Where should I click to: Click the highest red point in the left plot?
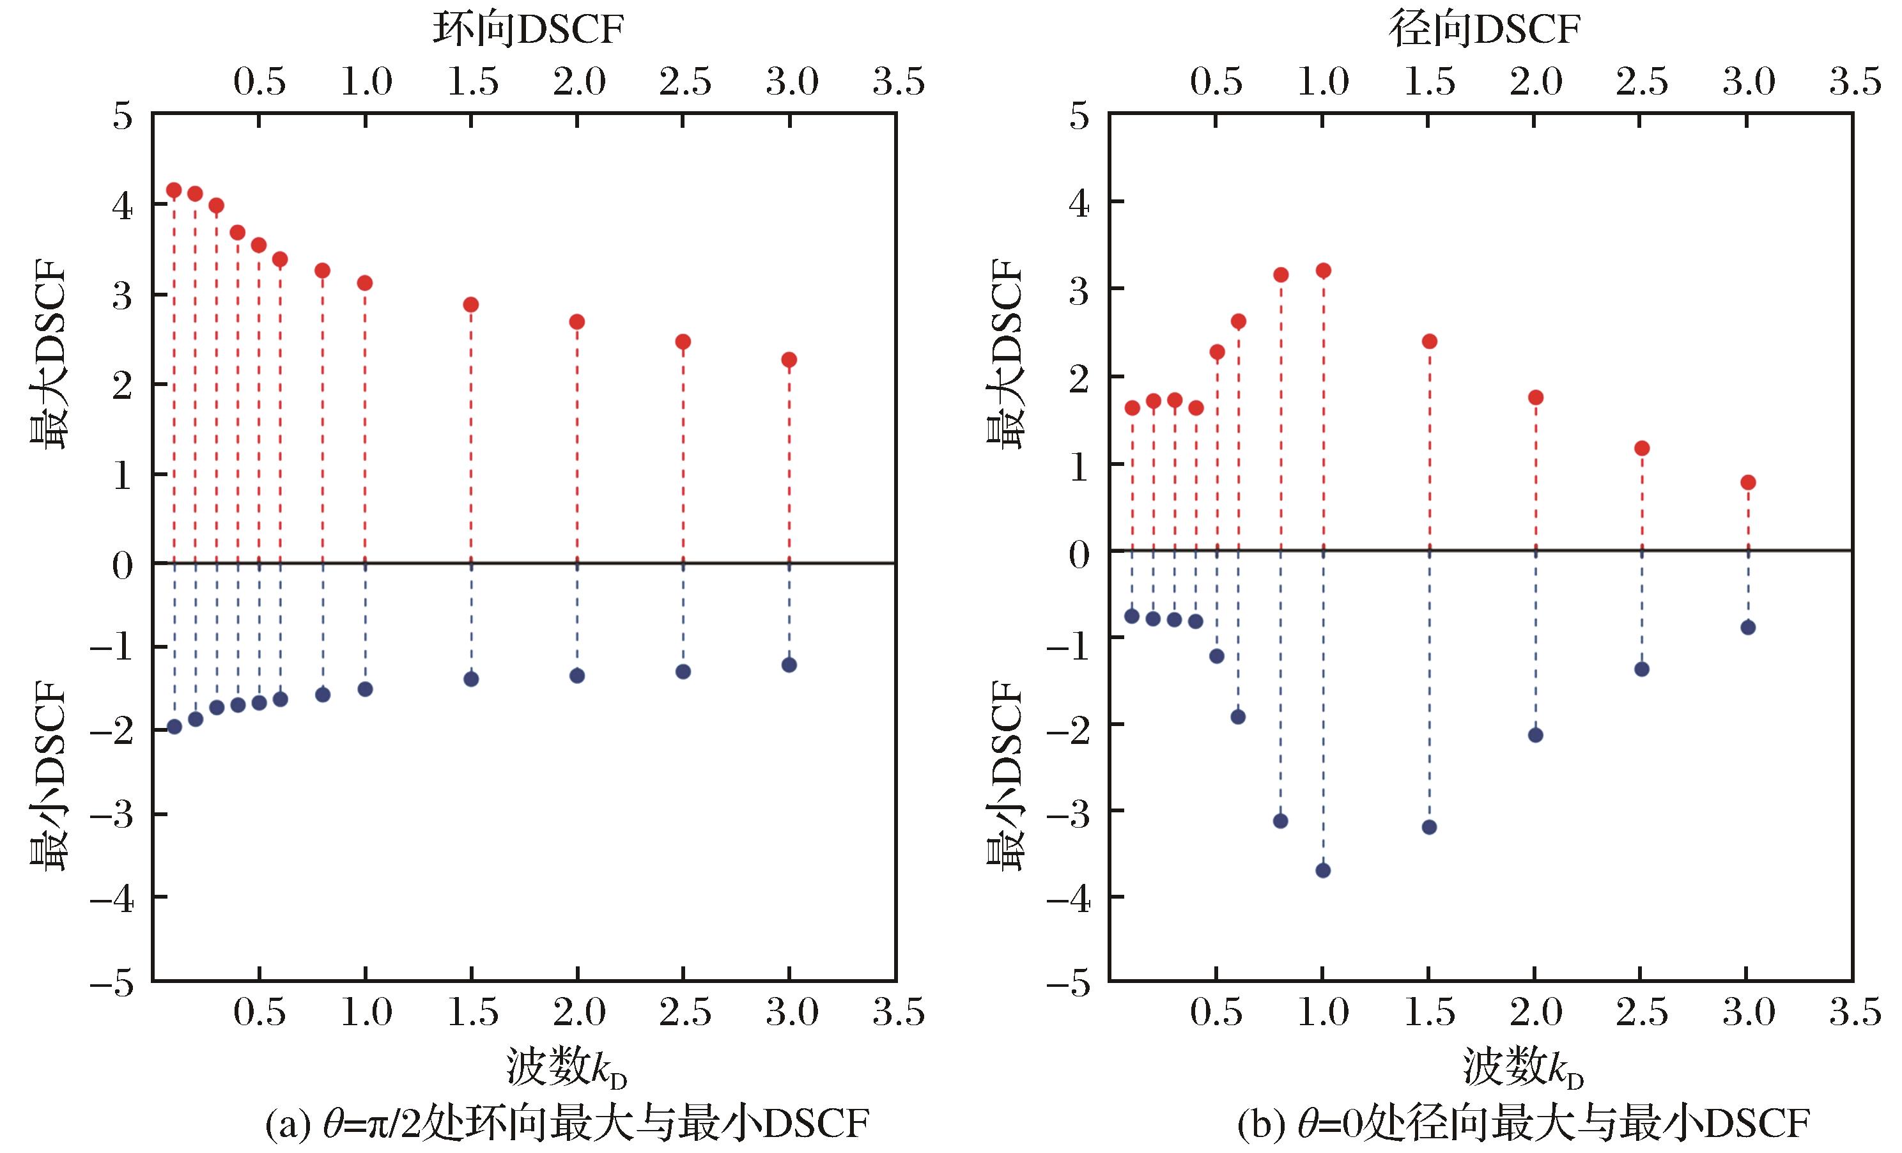(x=174, y=190)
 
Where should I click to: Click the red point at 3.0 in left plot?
(x=789, y=360)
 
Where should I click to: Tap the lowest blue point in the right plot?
(x=1323, y=871)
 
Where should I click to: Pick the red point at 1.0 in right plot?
(x=1323, y=270)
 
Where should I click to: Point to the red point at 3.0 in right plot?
(x=1749, y=483)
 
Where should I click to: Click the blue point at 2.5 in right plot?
(x=1642, y=669)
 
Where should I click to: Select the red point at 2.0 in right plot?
(x=1535, y=398)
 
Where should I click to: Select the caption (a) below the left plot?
(x=567, y=1124)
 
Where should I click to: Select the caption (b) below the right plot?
(x=1523, y=1124)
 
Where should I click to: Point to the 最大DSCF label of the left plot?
(x=49, y=359)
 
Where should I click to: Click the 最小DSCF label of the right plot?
(x=1005, y=776)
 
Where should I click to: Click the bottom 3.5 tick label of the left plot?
(x=899, y=1012)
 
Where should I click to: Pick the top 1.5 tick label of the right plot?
(x=1430, y=82)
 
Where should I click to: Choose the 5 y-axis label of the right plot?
(x=1079, y=118)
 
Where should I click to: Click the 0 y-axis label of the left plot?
(x=122, y=566)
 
